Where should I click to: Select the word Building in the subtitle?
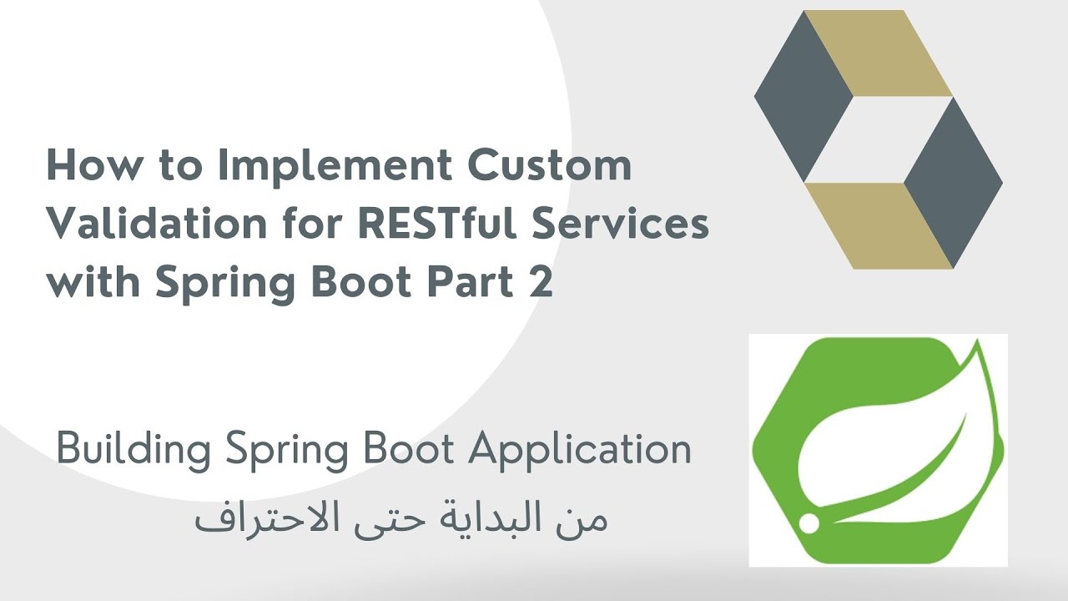pos(135,452)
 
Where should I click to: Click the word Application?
pos(579,450)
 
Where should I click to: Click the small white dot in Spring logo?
pos(808,523)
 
